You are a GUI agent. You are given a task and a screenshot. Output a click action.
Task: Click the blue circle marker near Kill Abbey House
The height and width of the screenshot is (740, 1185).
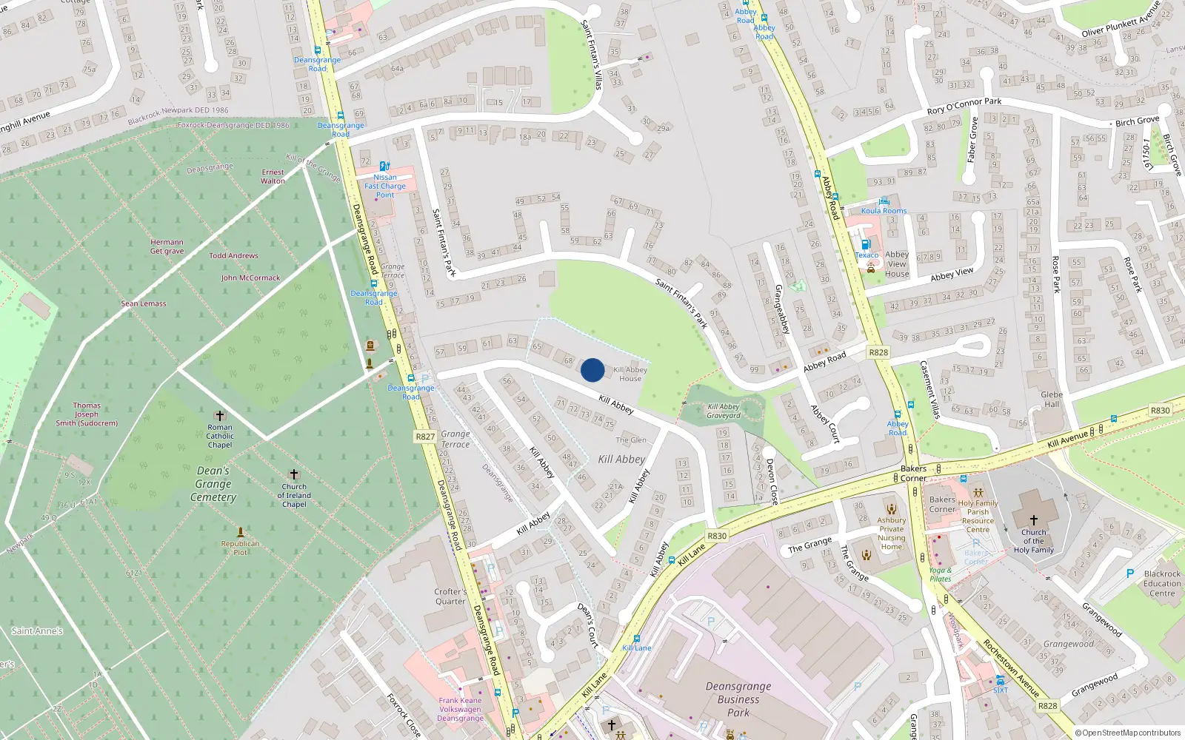coord(592,370)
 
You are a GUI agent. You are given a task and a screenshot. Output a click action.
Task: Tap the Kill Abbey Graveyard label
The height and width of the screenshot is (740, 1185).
coord(724,411)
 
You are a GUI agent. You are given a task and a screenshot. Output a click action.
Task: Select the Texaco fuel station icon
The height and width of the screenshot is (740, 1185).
coord(865,244)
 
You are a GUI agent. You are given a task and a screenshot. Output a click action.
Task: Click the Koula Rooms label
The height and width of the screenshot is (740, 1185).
coord(884,211)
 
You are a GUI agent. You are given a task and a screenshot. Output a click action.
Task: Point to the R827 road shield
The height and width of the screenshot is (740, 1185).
coord(425,437)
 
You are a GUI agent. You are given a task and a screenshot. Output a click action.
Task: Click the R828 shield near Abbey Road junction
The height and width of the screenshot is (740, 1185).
coord(878,352)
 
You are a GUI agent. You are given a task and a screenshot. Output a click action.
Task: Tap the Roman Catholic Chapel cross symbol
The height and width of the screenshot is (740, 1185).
coord(219,416)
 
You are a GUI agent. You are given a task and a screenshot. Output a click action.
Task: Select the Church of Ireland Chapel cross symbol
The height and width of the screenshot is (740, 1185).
coord(294,474)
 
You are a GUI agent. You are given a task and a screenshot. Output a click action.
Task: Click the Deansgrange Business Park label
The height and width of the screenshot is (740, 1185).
coord(738,699)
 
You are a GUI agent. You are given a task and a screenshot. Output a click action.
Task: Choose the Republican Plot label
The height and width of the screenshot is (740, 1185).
coord(240,548)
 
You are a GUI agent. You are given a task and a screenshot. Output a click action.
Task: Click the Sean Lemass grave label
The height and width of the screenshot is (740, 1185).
coord(144,303)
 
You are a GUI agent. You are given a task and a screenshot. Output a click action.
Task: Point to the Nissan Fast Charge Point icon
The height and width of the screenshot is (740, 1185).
coord(384,166)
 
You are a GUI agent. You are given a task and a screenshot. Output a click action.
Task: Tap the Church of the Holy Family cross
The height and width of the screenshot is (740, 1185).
coord(1033,520)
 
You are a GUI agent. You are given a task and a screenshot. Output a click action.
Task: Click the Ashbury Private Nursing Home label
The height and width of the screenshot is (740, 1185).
coord(892,533)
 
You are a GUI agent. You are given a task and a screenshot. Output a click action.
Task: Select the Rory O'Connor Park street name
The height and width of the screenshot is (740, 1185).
coord(964,106)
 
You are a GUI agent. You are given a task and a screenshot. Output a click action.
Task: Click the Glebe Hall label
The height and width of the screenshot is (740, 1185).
coord(1052,399)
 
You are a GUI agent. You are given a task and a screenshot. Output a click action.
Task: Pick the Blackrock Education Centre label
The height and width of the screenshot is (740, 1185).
coord(1162,583)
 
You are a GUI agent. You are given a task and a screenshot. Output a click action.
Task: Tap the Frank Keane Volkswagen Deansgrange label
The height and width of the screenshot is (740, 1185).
coord(460,709)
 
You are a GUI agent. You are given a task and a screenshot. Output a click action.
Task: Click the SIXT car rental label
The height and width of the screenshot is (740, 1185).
coord(1001,690)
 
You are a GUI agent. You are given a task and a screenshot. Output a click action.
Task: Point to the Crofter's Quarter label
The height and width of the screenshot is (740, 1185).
coord(450,596)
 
